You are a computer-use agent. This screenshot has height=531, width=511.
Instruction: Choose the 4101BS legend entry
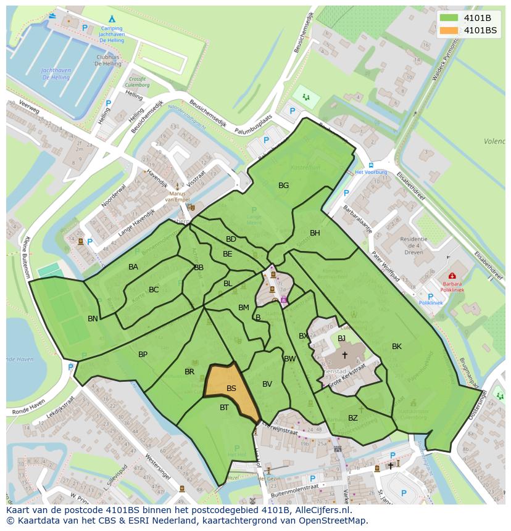coord(479,30)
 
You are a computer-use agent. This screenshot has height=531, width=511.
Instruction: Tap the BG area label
coord(283,185)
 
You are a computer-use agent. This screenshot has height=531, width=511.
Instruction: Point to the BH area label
coord(315,233)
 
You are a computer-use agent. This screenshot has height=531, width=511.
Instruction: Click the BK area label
coord(396,347)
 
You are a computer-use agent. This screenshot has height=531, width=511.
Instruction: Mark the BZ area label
coord(352,418)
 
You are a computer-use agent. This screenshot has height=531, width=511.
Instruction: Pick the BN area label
coord(93,318)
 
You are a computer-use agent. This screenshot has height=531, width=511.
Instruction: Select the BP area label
coord(143,354)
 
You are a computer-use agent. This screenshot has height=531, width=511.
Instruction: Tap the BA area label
coord(133,266)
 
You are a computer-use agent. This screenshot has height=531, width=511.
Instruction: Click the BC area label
coord(154,289)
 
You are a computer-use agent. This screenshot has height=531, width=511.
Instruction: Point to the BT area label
coord(224,407)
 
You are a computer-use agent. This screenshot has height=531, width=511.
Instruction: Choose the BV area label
coord(267,384)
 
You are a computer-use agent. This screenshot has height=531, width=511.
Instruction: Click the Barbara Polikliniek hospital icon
coord(452,276)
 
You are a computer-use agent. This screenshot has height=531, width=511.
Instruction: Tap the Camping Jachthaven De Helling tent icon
coord(112,19)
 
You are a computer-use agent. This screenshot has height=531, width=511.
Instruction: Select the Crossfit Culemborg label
coord(137,83)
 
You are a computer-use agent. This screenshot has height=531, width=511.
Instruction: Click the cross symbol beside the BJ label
coord(344,355)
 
